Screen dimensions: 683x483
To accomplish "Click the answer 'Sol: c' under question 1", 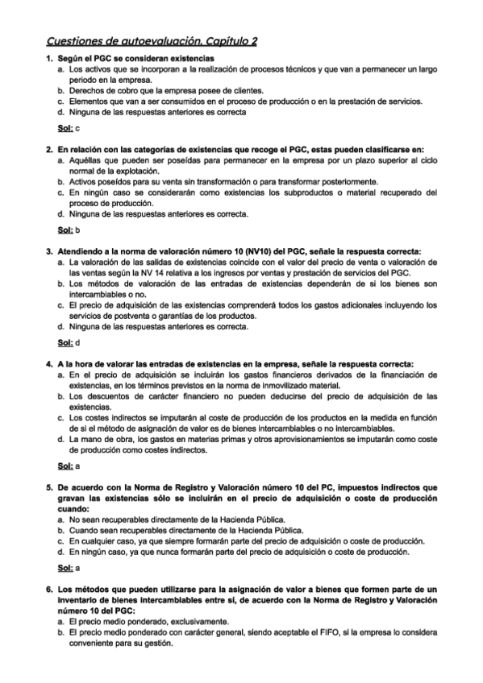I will click(x=69, y=128).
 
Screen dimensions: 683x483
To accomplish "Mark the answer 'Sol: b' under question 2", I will click(x=69, y=230).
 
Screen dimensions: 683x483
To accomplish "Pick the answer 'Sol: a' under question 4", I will click(x=69, y=466).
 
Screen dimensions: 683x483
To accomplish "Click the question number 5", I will click(x=48, y=488).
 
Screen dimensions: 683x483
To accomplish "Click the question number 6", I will click(x=48, y=590).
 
